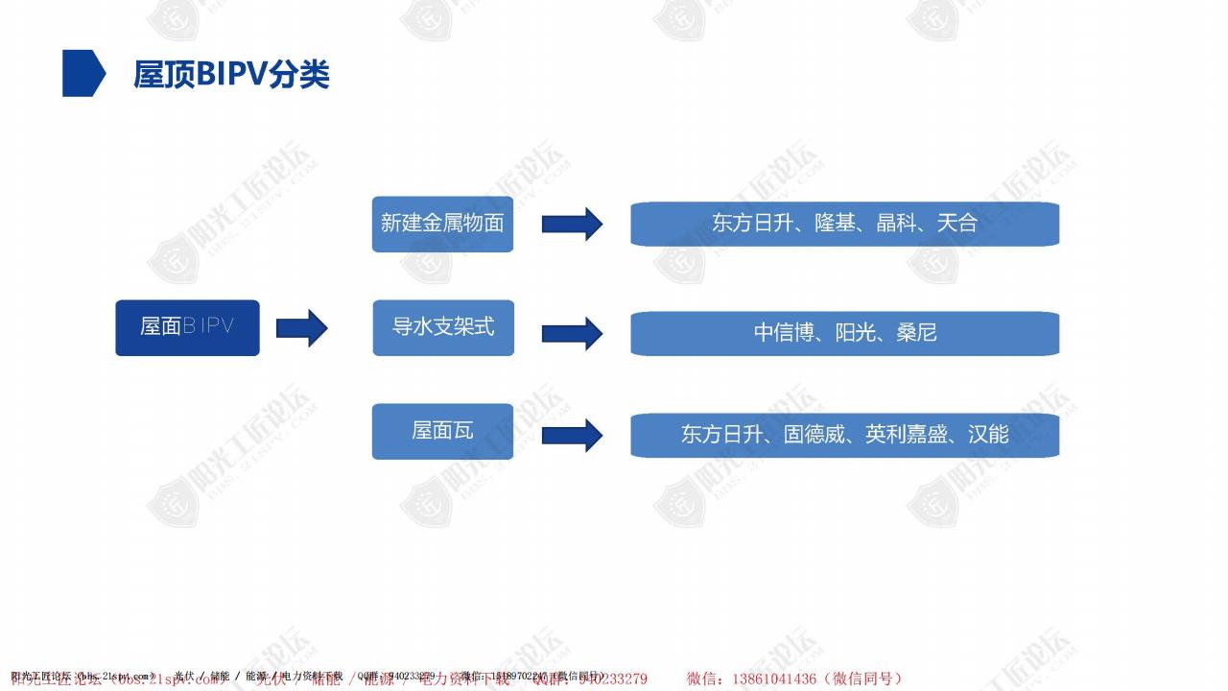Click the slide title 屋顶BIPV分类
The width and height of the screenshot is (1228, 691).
click(x=231, y=74)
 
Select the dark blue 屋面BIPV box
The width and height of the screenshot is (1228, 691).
click(x=187, y=327)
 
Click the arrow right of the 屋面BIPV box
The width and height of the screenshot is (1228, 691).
click(x=301, y=328)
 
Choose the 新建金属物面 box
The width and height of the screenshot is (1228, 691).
click(x=442, y=224)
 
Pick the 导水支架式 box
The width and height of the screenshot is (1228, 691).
click(x=443, y=327)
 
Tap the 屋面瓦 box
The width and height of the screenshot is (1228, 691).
click(x=442, y=431)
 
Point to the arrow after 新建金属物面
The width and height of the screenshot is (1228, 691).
click(x=572, y=225)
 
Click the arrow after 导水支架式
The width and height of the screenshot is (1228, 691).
click(x=572, y=333)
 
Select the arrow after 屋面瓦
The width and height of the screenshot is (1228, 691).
click(x=572, y=435)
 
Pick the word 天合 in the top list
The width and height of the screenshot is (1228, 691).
click(x=956, y=224)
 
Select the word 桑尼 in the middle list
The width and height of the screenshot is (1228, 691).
click(x=916, y=333)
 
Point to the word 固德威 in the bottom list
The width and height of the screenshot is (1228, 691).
click(x=815, y=435)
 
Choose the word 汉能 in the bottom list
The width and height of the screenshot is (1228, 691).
click(x=988, y=435)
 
